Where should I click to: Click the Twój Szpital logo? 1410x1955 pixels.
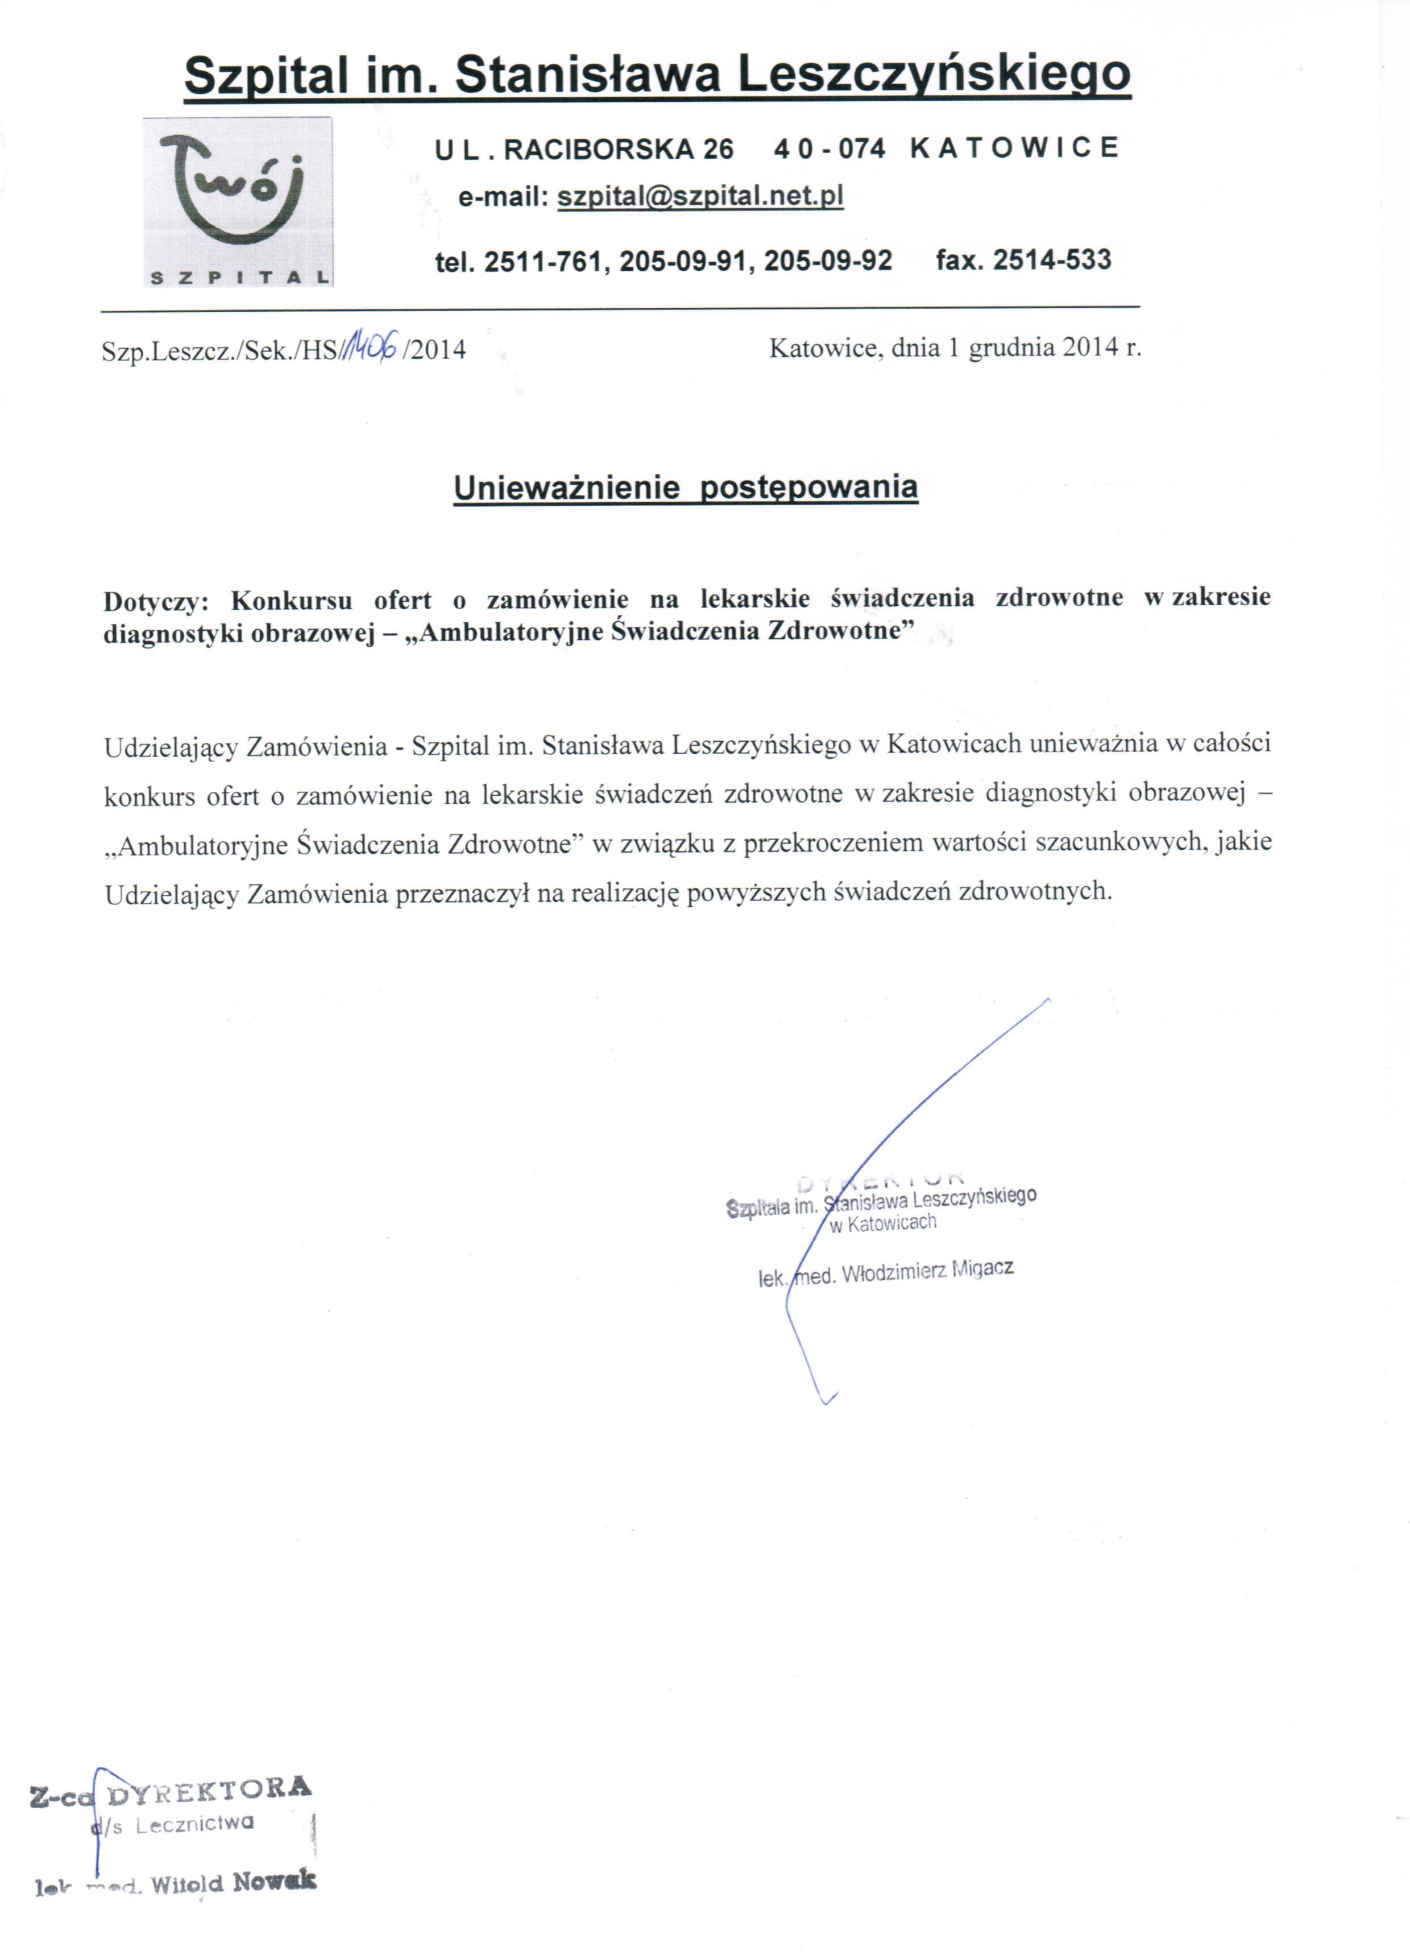(x=238, y=202)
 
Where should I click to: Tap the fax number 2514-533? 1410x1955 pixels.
(x=1051, y=259)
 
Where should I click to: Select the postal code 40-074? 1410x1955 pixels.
(x=829, y=149)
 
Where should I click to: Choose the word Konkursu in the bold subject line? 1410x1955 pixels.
(x=291, y=600)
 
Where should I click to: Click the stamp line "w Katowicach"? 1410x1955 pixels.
(x=882, y=1223)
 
